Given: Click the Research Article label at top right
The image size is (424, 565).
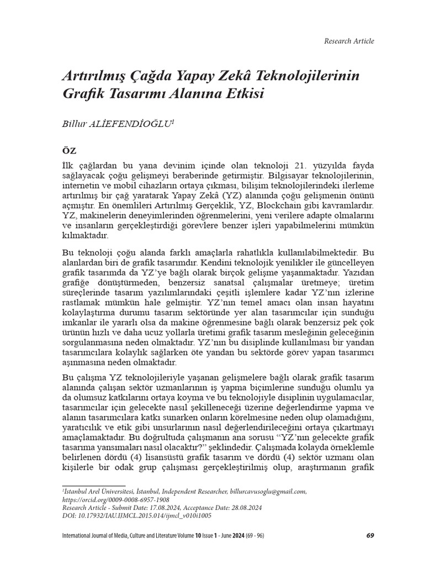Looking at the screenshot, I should [348, 41].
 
